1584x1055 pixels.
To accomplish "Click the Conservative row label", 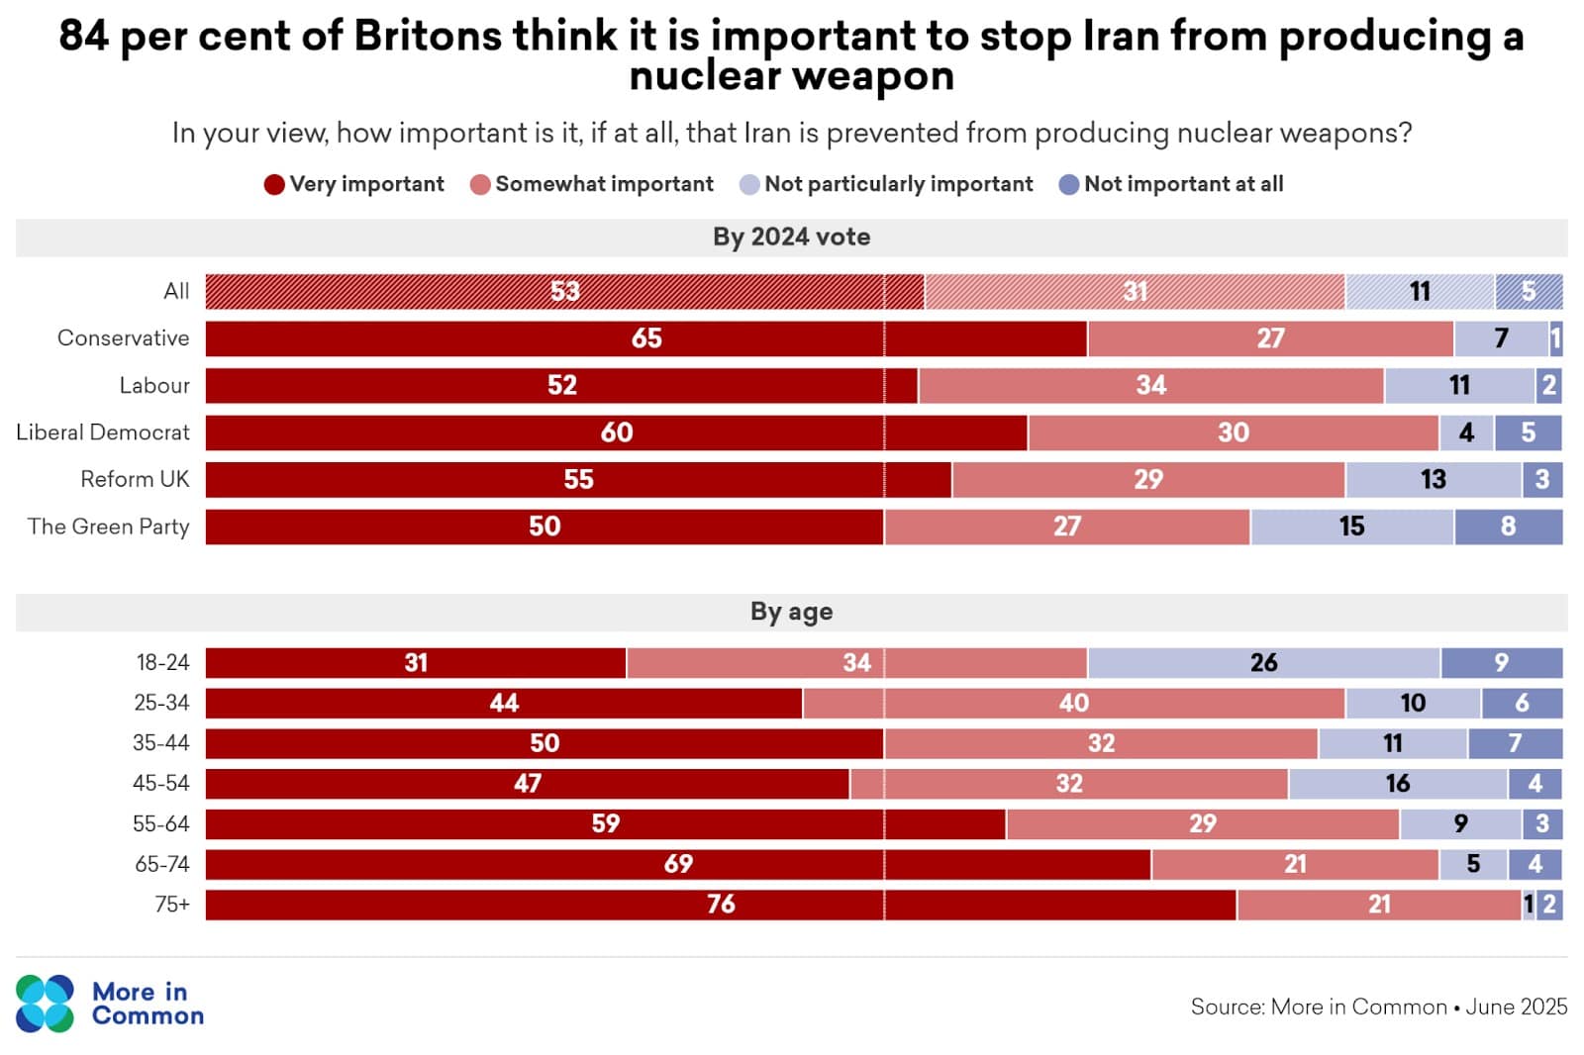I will coord(123,338).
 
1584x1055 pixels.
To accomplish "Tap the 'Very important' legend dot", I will coord(274,185).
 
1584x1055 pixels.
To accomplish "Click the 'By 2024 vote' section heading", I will coord(791,238).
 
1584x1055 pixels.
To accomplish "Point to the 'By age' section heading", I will coord(791,612).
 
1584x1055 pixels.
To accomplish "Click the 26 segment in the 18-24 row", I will coord(1263,663).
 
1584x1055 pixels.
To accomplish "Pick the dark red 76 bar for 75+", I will coord(721,905).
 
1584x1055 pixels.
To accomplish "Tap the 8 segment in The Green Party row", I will coord(1508,527).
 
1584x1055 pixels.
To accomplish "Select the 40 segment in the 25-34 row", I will coord(1073,704).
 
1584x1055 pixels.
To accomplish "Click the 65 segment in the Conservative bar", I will coord(645,338).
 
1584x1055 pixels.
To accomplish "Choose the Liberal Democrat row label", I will coord(103,432).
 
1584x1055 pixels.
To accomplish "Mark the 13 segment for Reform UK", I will coord(1433,480).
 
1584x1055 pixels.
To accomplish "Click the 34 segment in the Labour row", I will coord(1150,386).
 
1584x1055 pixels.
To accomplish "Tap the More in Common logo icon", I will coord(45,1004).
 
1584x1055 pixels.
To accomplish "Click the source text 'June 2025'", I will coord(1516,1007).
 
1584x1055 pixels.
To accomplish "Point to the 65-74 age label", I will coord(161,864).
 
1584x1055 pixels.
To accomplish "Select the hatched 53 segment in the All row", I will coord(564,292).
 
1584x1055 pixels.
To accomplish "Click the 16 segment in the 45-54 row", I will coord(1397,784).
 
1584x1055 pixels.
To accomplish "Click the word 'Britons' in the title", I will coord(428,37).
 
